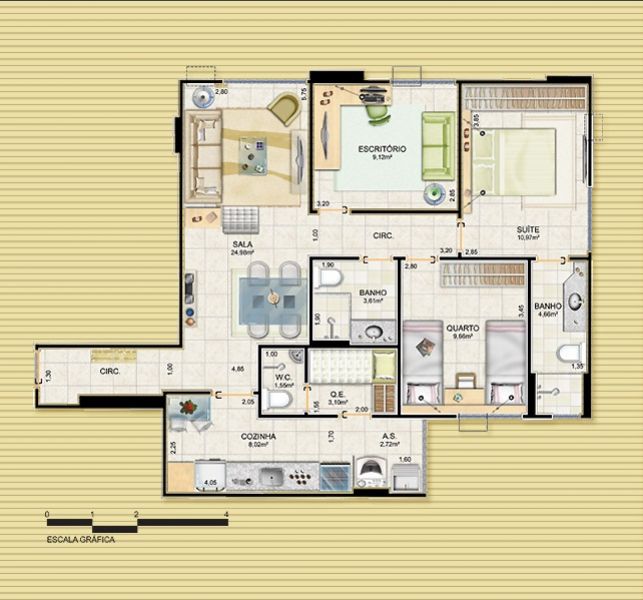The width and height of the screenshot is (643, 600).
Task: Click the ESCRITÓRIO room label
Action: (x=382, y=148)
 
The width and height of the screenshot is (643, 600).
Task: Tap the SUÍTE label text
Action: (x=528, y=229)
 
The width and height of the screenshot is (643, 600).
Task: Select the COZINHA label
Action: (x=258, y=437)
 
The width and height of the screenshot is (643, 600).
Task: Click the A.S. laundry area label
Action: (x=389, y=437)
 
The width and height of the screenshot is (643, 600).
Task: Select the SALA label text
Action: (x=241, y=244)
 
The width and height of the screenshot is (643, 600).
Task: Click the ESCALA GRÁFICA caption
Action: (x=80, y=539)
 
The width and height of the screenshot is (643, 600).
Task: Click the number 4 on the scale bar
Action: (x=227, y=513)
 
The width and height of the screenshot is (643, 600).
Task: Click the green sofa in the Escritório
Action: (x=437, y=146)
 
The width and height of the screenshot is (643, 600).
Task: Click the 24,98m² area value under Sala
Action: (x=241, y=253)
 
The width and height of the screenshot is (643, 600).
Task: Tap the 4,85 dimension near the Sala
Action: (x=238, y=369)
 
